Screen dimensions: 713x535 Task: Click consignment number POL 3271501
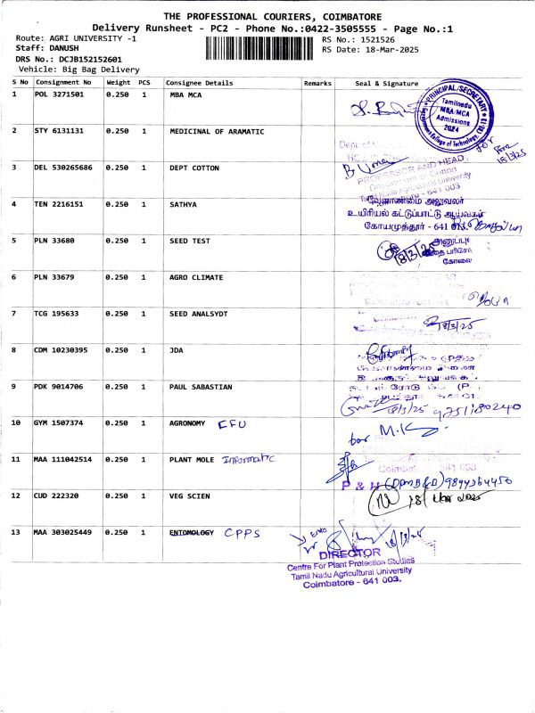pos(59,94)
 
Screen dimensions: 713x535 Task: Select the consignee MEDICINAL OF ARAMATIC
pos(217,131)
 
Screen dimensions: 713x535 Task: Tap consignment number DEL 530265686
pos(65,167)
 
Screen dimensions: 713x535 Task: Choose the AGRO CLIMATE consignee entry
pos(196,277)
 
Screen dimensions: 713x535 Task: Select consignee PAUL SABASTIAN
pos(202,386)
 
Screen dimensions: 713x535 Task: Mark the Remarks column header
pos(317,83)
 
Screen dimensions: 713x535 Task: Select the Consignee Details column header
pos(200,83)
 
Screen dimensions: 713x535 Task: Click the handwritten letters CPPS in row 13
pos(242,533)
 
